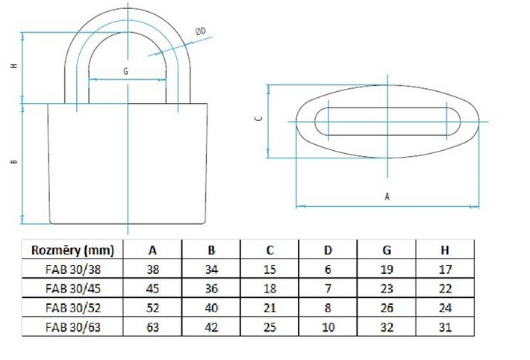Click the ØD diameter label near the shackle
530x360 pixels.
click(201, 32)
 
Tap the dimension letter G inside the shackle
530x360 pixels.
click(125, 72)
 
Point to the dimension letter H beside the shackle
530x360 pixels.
click(14, 66)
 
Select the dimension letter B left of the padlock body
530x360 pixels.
click(14, 162)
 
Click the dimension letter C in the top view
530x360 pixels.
click(259, 119)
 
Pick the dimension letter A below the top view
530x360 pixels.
click(387, 196)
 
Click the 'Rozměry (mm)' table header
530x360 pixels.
click(72, 250)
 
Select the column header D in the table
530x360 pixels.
click(328, 250)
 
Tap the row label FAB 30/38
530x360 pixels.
click(73, 270)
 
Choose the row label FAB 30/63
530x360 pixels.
click(73, 327)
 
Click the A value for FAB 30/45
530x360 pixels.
click(153, 288)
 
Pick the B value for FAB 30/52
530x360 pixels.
click(211, 308)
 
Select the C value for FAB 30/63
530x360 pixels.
click(269, 327)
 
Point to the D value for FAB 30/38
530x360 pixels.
click(328, 270)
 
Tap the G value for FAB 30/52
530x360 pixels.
click(387, 308)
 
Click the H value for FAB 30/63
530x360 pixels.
click(445, 327)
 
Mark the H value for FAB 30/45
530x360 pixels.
click(445, 288)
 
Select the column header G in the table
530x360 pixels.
click(387, 250)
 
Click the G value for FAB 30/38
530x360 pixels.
click(387, 270)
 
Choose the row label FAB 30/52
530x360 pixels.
click(73, 308)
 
